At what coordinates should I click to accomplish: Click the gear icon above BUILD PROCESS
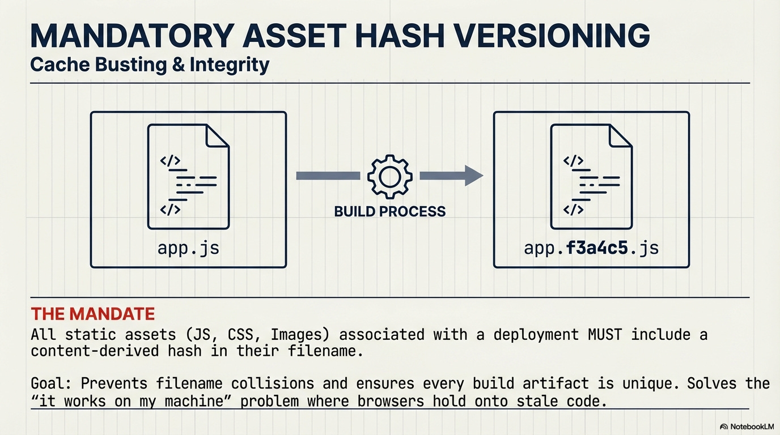coord(389,176)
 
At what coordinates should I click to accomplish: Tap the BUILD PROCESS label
coord(390,212)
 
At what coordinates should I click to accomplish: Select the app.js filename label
coord(188,248)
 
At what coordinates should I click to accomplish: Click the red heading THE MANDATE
coord(93,314)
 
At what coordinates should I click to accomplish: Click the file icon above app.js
coord(188,176)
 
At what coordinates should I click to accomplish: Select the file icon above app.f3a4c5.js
coord(591,176)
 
